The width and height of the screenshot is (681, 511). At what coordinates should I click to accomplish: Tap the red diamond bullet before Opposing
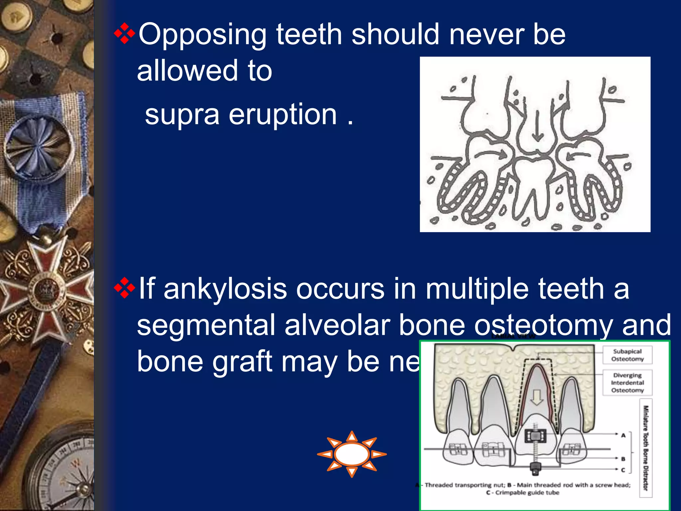point(124,33)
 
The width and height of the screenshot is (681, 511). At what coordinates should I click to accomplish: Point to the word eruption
point(283,115)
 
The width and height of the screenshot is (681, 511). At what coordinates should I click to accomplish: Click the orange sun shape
point(352,454)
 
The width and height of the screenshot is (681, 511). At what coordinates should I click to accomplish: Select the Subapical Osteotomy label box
point(627,355)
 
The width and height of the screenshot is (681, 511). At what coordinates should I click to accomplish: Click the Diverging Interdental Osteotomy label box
point(627,383)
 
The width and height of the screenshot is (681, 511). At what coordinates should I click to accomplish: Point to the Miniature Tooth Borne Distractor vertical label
point(645,448)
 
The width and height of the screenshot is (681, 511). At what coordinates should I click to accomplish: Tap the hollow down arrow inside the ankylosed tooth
point(536,398)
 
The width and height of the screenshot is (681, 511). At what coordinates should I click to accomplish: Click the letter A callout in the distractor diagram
point(623,435)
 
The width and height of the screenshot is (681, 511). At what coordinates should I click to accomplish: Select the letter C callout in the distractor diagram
point(623,470)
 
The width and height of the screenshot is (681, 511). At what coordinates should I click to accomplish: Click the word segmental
point(206,325)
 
